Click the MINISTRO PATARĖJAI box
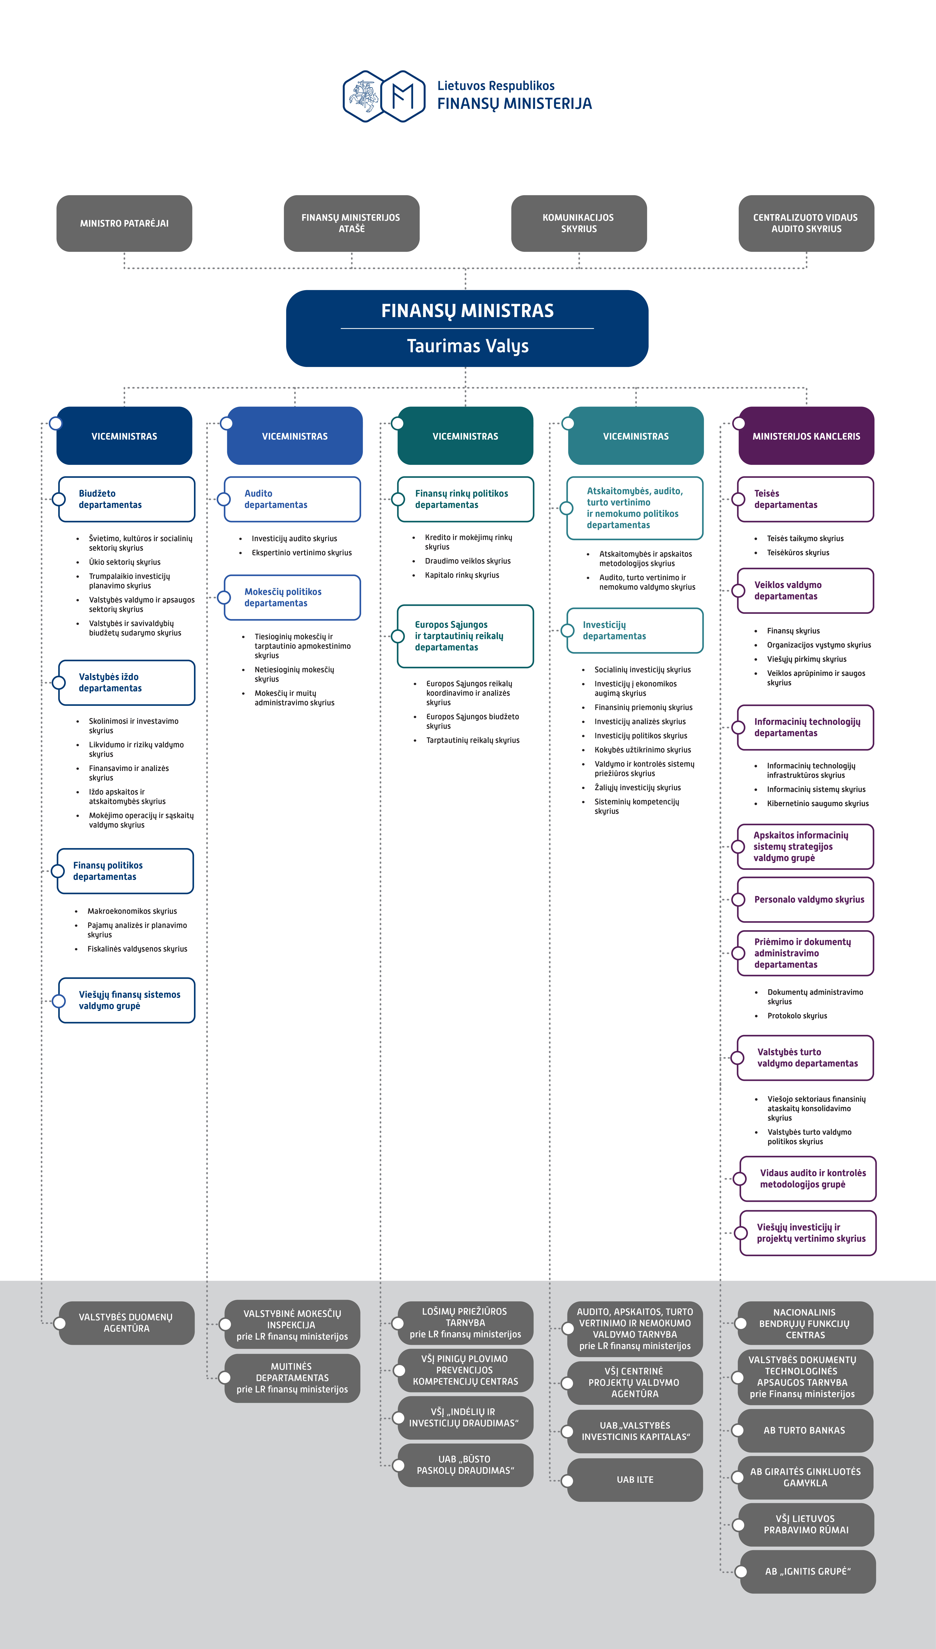pos(124,223)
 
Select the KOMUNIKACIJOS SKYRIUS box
pos(579,223)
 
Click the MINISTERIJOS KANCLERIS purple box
pos(806,436)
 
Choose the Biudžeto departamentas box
pos(127,499)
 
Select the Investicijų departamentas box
pos(635,630)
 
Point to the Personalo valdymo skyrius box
pos(805,899)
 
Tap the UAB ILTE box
pos(635,1479)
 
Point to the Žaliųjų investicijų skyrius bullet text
pos(637,788)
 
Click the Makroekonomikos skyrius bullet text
pos(132,911)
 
